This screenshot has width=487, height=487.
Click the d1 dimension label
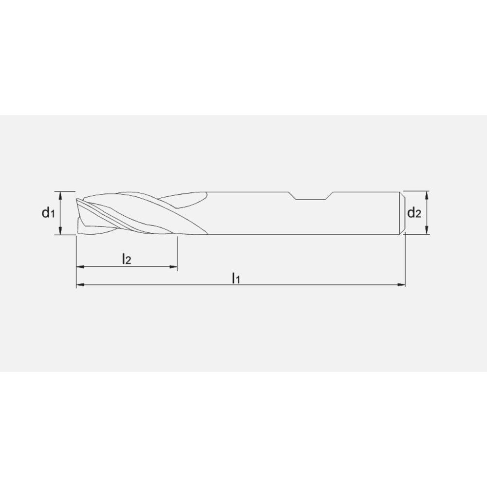pos(47,213)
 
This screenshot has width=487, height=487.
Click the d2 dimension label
pos(413,213)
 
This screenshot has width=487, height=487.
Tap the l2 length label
pos(126,259)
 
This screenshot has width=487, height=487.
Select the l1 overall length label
pos(236,278)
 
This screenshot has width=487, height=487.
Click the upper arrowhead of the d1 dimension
pos(60,194)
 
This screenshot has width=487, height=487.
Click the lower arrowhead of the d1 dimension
pos(60,233)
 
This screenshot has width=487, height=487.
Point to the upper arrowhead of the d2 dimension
pos(427,194)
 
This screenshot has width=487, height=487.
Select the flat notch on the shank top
pos(312,199)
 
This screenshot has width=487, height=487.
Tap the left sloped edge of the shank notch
pos(293,196)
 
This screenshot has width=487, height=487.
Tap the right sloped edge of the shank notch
pos(330,196)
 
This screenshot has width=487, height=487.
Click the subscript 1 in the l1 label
pos(238,280)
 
